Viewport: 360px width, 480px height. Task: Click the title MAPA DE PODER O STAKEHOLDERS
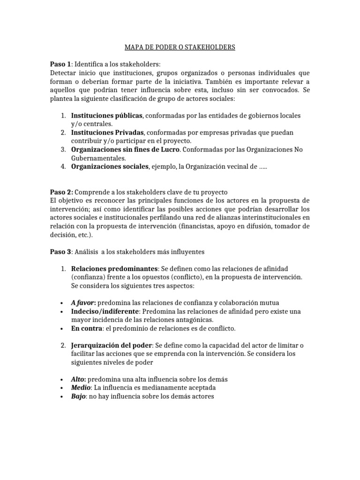click(x=180, y=47)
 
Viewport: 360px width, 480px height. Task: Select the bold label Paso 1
click(x=60, y=64)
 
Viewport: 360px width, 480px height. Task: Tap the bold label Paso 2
click(x=61, y=192)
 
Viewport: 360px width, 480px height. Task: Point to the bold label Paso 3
click(x=60, y=252)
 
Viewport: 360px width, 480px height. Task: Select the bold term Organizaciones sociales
click(x=110, y=166)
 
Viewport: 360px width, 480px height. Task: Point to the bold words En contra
click(x=86, y=328)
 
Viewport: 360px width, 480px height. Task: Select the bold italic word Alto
click(x=78, y=379)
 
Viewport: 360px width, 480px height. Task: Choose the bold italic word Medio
click(x=81, y=388)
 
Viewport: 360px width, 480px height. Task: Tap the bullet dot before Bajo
click(x=62, y=397)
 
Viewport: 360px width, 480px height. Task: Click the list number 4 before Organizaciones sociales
click(x=62, y=166)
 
